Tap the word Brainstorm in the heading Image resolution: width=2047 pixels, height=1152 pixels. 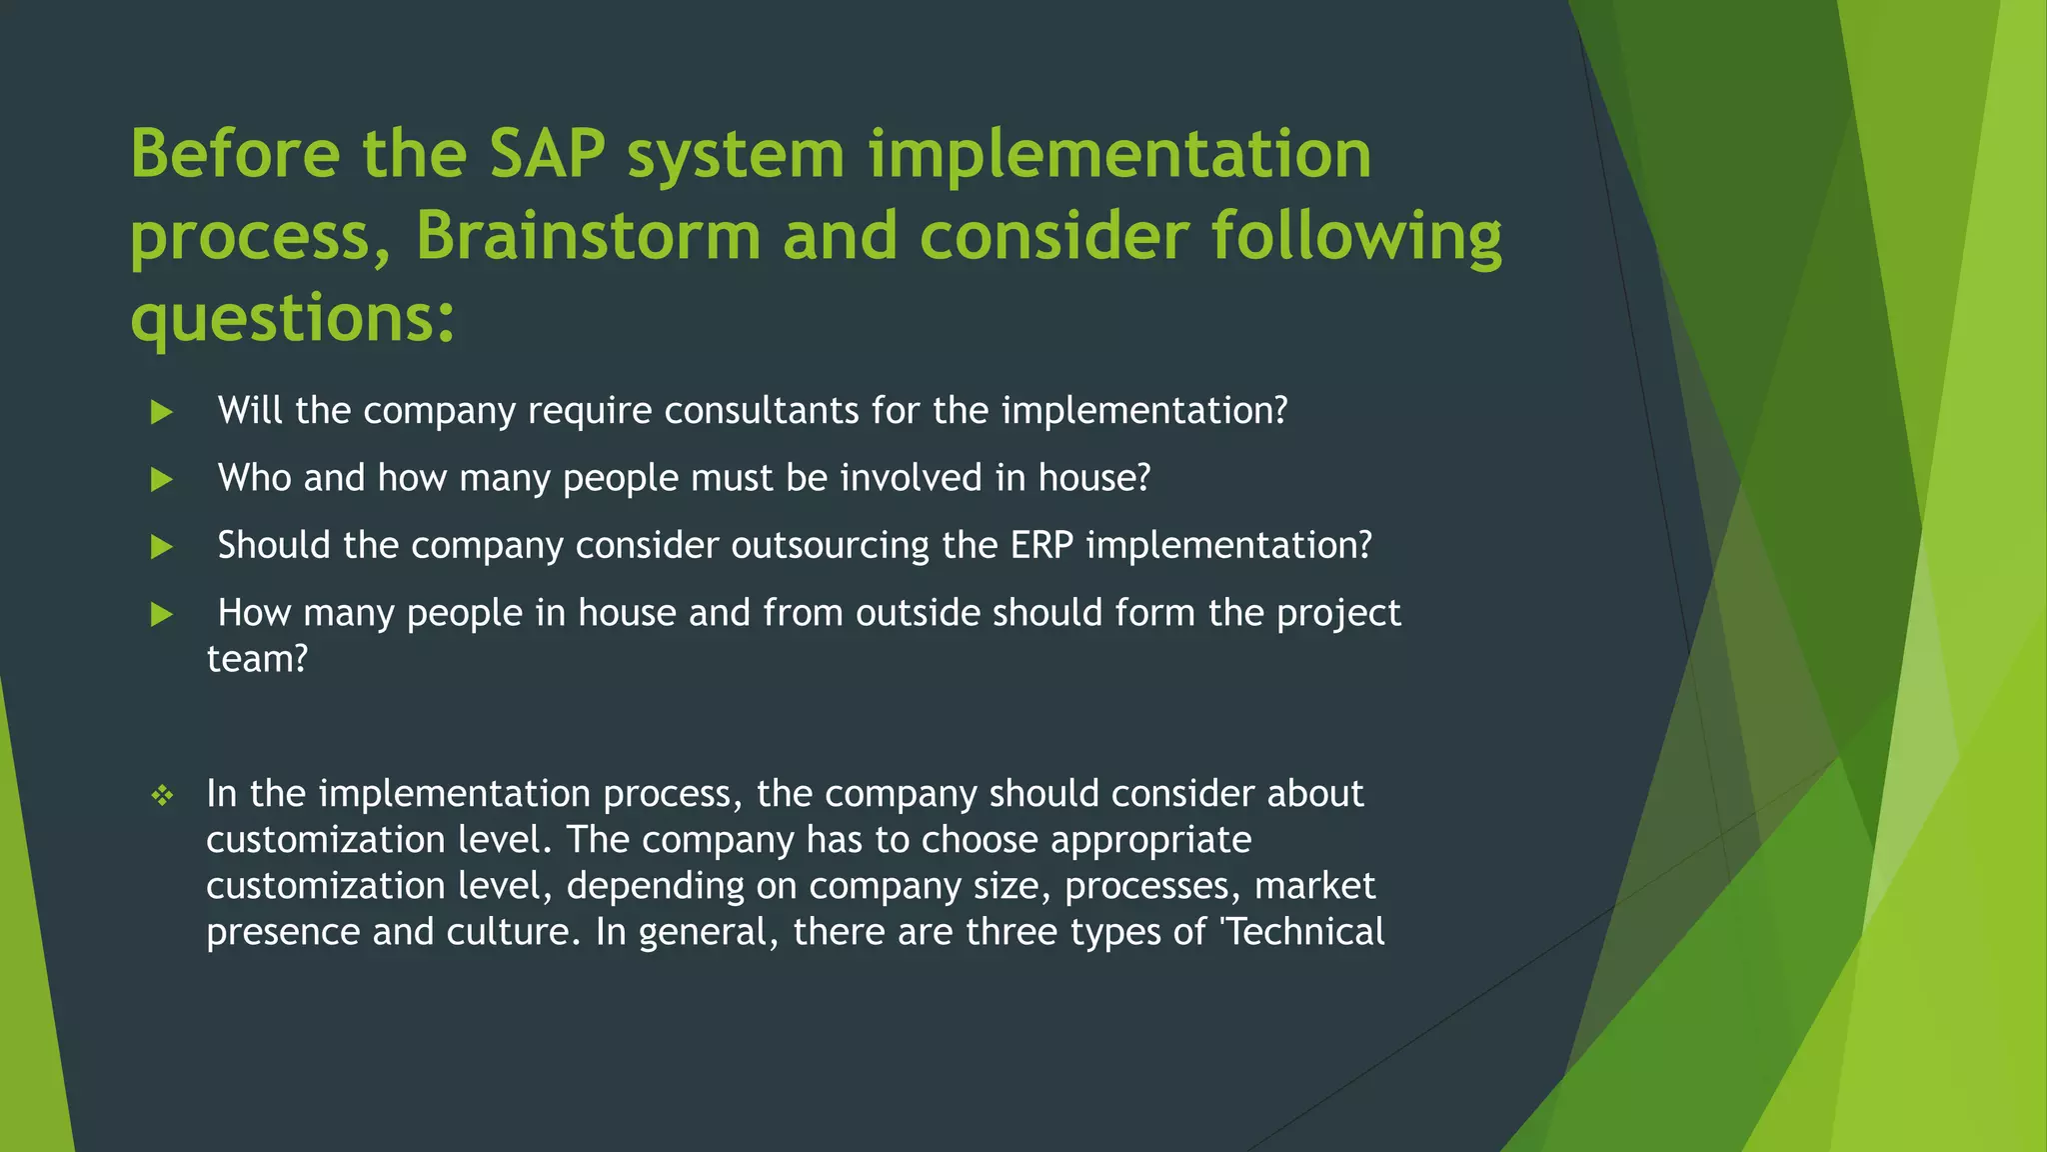click(x=588, y=236)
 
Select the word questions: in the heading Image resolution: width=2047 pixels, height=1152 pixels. click(x=293, y=318)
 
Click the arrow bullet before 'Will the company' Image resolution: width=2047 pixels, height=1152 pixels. click(x=162, y=412)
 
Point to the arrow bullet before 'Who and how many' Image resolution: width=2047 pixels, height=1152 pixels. click(x=162, y=479)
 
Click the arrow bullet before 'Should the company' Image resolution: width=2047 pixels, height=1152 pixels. click(x=162, y=546)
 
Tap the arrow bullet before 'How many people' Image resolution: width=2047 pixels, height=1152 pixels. click(x=162, y=614)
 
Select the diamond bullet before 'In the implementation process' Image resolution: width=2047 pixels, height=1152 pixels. click(x=162, y=796)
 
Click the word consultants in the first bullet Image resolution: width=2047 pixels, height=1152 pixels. click(x=761, y=411)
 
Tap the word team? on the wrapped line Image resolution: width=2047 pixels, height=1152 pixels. click(x=257, y=659)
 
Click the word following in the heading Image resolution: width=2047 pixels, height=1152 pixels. click(x=1356, y=236)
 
